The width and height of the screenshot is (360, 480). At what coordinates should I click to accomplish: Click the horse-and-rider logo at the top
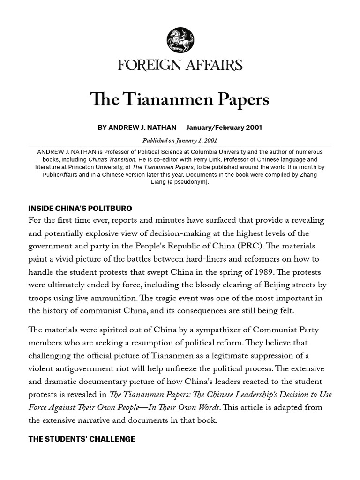point(180,41)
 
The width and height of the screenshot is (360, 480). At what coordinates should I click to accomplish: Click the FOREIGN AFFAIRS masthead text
point(180,65)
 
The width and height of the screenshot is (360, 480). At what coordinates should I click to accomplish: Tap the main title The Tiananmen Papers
point(180,99)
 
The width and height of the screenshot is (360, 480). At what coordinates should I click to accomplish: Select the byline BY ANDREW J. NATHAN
point(137,127)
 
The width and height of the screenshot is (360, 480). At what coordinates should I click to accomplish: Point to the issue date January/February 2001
point(224,127)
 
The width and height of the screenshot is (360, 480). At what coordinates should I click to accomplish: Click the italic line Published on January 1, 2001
point(180,140)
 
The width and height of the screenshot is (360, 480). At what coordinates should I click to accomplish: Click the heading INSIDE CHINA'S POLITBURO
point(80,208)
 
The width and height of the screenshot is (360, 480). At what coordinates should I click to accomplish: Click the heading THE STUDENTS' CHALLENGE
point(82,439)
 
